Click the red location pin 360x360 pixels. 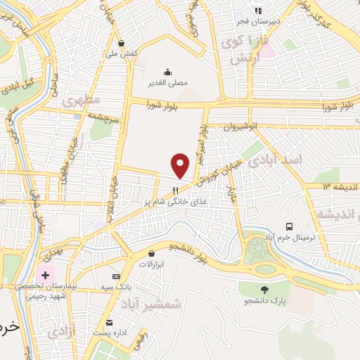181,166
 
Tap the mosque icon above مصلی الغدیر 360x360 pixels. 167,71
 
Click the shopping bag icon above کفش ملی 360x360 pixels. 122,42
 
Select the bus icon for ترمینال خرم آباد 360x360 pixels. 289,226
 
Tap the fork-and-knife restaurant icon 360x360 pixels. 176,190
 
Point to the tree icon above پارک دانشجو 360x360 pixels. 264,290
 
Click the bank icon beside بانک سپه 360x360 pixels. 116,276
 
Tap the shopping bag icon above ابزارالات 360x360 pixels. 151,253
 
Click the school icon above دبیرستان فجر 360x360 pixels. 258,11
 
